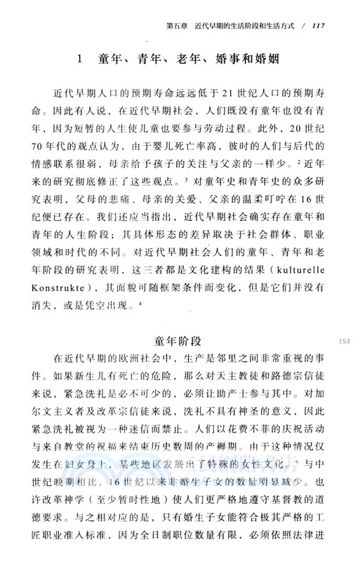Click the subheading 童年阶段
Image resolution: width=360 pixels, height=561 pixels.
[x=179, y=341]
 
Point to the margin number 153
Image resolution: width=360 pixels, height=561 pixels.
[x=344, y=342]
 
